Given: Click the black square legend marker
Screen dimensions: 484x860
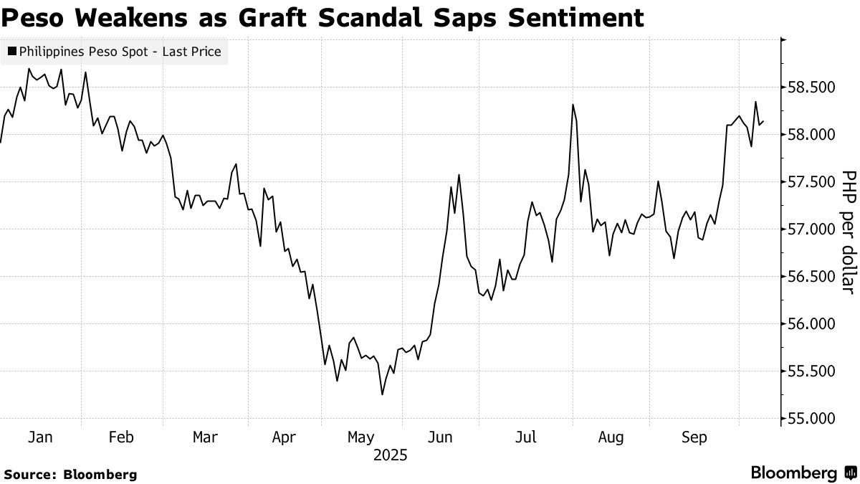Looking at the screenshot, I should (x=12, y=52).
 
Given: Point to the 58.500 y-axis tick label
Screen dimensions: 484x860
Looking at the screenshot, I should (x=812, y=87).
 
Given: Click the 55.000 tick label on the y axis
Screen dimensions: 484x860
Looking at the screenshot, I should (x=812, y=419).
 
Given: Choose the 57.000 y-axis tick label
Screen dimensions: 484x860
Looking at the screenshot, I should (x=812, y=229).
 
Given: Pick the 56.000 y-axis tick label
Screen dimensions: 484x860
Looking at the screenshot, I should (x=812, y=324).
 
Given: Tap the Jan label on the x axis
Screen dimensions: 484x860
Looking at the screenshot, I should (x=40, y=437).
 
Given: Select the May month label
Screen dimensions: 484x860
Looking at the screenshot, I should (x=360, y=437).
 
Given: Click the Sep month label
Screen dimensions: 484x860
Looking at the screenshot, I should (x=694, y=437).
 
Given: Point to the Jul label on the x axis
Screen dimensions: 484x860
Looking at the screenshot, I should (x=527, y=437).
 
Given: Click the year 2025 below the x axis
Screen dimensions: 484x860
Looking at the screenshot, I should (x=389, y=455).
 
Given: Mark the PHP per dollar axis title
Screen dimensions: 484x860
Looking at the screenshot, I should (x=848, y=232).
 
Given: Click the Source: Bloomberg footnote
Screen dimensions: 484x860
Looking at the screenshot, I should (x=70, y=474).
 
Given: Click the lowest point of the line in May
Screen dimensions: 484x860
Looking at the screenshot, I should (x=382, y=394).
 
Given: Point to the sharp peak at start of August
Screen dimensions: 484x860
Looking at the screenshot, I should (x=573, y=105).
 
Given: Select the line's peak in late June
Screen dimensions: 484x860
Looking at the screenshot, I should (x=458, y=175).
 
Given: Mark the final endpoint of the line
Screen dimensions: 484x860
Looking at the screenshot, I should (x=763, y=122).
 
